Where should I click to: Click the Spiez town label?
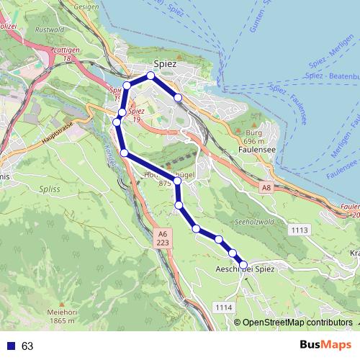165,63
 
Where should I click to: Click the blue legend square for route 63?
10,346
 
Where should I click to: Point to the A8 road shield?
266,187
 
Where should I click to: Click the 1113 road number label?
300,230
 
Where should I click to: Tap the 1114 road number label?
224,307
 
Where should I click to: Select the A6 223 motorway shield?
163,239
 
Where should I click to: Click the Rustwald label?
55,30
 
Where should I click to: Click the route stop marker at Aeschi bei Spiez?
243,265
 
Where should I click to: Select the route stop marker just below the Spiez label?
151,76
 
